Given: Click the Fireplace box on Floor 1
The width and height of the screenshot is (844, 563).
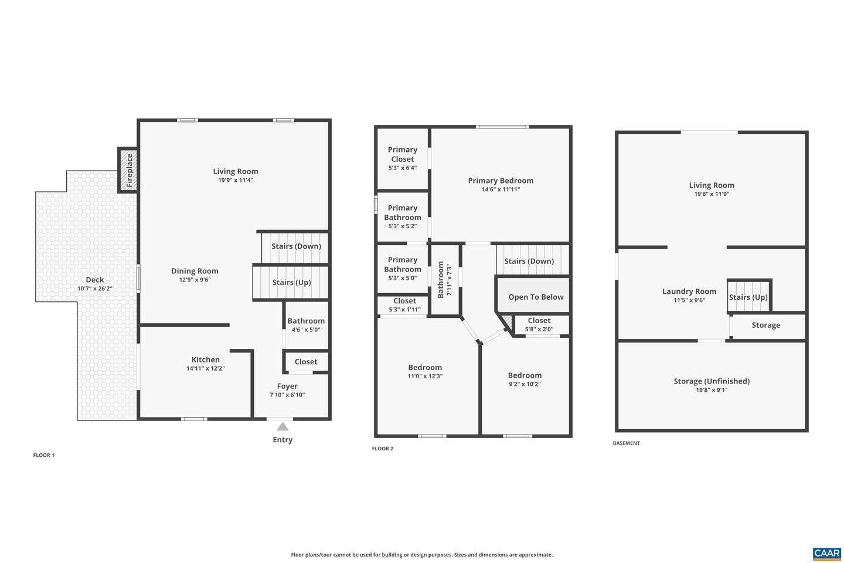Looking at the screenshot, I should (x=128, y=170).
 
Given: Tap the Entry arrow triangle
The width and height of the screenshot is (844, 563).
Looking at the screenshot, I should (x=283, y=426).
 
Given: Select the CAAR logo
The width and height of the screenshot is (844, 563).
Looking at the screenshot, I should (x=826, y=554).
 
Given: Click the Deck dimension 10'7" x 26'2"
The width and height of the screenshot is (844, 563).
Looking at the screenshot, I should (x=95, y=289).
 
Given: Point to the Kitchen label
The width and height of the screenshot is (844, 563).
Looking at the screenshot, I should (x=206, y=359).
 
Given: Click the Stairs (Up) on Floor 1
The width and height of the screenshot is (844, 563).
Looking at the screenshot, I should (x=291, y=282).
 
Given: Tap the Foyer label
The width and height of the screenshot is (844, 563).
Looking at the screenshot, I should (x=287, y=386).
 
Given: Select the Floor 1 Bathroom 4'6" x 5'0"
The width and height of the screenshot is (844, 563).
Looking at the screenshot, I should (x=306, y=325).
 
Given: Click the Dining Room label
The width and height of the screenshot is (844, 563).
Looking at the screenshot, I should (x=195, y=271).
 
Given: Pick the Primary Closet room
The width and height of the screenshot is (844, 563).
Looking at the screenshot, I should (x=403, y=158).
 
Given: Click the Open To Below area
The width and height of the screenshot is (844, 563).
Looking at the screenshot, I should (x=536, y=297).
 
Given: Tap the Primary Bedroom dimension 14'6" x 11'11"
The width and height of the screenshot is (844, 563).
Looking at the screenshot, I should (x=501, y=189).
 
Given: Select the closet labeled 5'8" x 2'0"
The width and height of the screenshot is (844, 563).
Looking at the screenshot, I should (x=539, y=324).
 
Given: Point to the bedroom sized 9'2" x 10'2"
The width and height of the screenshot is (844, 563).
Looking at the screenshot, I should (x=525, y=379).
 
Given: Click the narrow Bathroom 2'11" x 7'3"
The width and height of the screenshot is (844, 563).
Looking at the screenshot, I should (x=445, y=280).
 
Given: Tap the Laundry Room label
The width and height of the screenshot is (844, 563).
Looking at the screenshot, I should (x=689, y=291).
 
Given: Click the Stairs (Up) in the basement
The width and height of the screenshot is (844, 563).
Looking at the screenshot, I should (x=748, y=297).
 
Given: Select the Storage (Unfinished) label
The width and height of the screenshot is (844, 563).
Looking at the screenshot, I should (x=712, y=381).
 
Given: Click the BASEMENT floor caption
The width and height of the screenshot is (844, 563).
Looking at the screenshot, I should (x=626, y=443).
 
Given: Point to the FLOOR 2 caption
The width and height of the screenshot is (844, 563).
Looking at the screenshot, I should (x=383, y=449).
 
